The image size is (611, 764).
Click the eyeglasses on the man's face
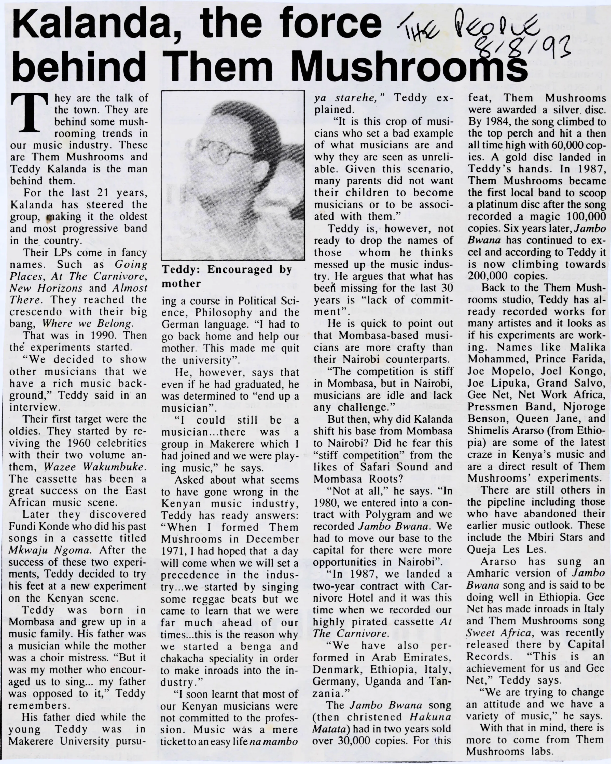coord(227,152)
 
